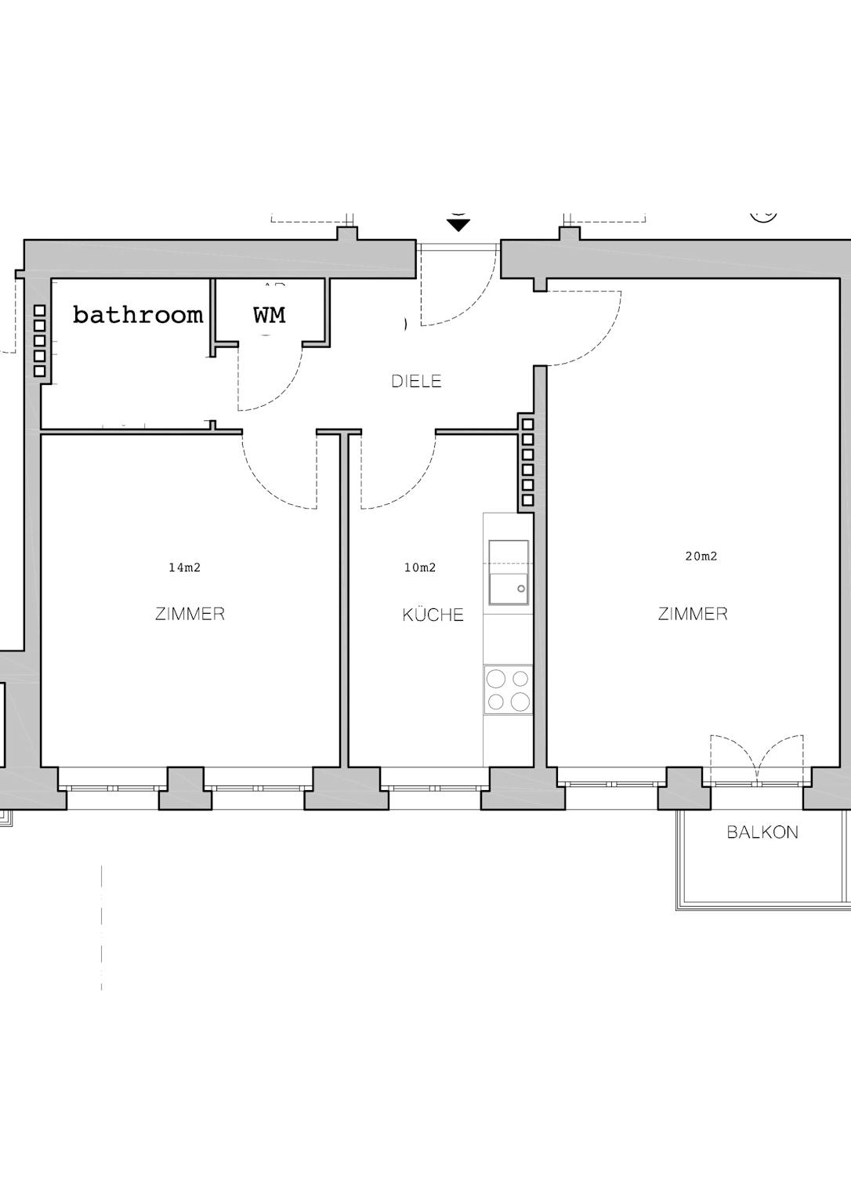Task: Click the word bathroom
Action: click(138, 314)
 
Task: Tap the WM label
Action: click(269, 315)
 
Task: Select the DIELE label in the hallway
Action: click(416, 381)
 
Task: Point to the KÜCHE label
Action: click(433, 614)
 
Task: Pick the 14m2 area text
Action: click(184, 567)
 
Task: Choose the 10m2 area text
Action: click(419, 567)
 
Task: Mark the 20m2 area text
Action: click(701, 557)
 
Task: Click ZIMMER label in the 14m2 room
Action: click(190, 613)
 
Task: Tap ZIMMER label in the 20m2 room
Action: click(693, 613)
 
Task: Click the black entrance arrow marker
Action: click(458, 225)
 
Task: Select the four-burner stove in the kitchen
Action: click(509, 690)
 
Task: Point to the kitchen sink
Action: click(509, 572)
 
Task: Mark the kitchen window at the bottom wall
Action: click(434, 788)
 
